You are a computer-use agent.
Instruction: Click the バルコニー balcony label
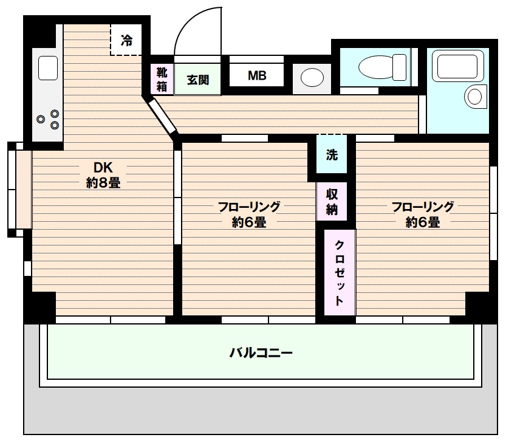pos(261,352)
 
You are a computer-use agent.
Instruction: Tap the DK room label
pos(103,167)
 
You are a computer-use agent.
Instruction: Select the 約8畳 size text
pos(103,182)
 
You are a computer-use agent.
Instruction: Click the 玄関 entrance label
pos(197,80)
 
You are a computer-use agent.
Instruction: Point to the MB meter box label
pos(256,77)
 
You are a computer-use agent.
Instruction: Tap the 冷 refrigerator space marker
pos(126,41)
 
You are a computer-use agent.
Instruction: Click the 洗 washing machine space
pos(332,155)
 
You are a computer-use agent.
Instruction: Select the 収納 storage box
pos(332,202)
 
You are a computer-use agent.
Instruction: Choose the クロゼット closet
pos(339,272)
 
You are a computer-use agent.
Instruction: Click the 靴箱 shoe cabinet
pos(162,79)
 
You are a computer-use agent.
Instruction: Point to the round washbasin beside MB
pos(312,78)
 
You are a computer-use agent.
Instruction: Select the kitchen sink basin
pos(48,67)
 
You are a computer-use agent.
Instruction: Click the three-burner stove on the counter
pos(49,119)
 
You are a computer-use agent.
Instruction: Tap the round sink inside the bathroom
pos(474,95)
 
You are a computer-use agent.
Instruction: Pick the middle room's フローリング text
pos(249,207)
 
